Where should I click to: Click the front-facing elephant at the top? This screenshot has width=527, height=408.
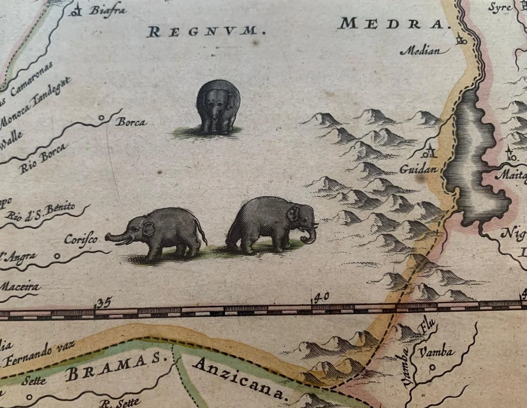point(218,107)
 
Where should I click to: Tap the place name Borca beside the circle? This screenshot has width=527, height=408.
point(131,122)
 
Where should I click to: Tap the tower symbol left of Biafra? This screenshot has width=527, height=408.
point(75,11)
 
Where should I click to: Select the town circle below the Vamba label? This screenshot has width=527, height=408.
point(432,368)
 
